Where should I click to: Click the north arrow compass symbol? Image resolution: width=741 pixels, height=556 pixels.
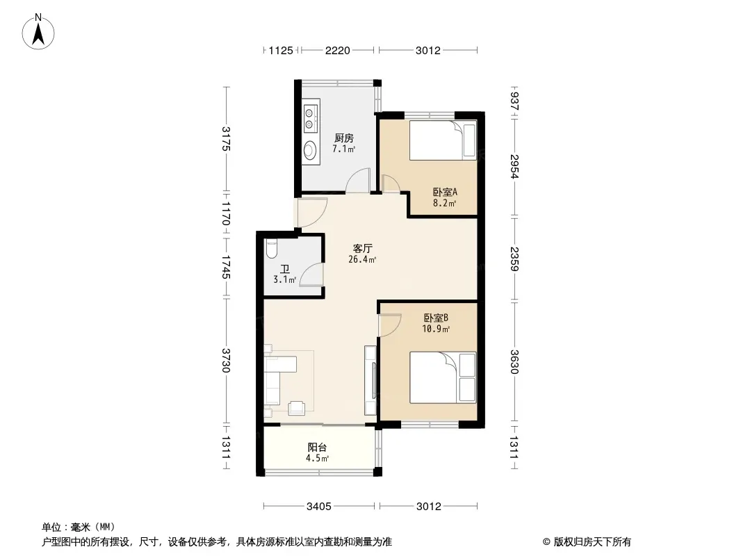[x=38, y=31]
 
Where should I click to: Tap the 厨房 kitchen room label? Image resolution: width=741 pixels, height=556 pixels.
[x=343, y=138]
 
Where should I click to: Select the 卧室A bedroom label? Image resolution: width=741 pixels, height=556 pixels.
[x=445, y=193]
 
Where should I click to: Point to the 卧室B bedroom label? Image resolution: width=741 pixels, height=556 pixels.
[x=436, y=318]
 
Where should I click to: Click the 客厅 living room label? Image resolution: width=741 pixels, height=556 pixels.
[x=362, y=249]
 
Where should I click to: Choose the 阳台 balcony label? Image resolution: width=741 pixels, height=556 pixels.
[x=317, y=448]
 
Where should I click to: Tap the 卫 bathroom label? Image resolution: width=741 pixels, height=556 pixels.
[x=285, y=269]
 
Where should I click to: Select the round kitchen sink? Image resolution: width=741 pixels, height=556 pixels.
[x=310, y=149]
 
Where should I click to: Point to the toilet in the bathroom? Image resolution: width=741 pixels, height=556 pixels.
[x=271, y=250]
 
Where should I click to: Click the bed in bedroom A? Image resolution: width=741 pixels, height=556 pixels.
[x=443, y=140]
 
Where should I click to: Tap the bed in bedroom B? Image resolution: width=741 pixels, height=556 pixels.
[x=443, y=377]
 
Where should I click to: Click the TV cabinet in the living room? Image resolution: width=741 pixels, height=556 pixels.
[x=370, y=381]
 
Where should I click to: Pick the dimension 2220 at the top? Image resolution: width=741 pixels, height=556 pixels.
[x=337, y=50]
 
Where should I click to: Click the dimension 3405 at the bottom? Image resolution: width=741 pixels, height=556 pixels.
[x=319, y=507]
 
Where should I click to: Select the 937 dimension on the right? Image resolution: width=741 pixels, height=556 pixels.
[x=514, y=101]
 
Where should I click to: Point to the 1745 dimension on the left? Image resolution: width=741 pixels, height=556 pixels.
[x=226, y=267]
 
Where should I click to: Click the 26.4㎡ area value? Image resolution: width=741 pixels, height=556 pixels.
[x=362, y=259]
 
